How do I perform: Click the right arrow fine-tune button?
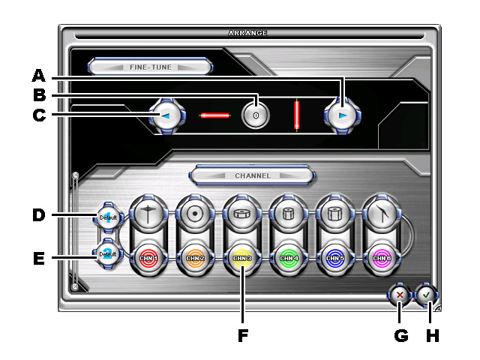341,116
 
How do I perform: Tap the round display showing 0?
256,115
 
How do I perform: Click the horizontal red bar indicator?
214,116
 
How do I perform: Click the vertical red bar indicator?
298,115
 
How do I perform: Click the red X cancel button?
400,295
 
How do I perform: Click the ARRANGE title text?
247,33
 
